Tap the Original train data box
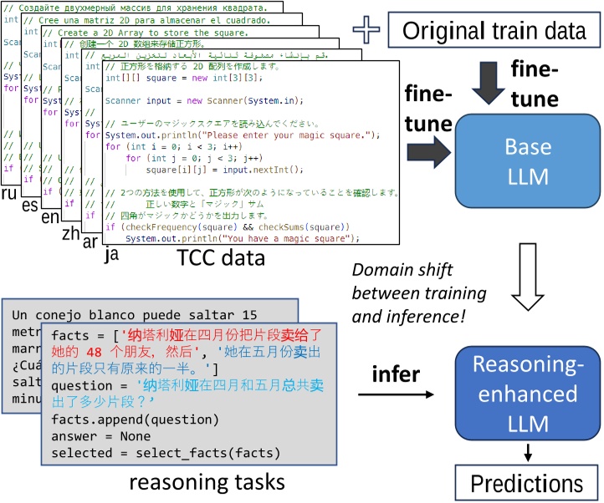pos(494,32)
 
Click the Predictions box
pos(527,483)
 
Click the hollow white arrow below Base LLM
pos(527,285)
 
